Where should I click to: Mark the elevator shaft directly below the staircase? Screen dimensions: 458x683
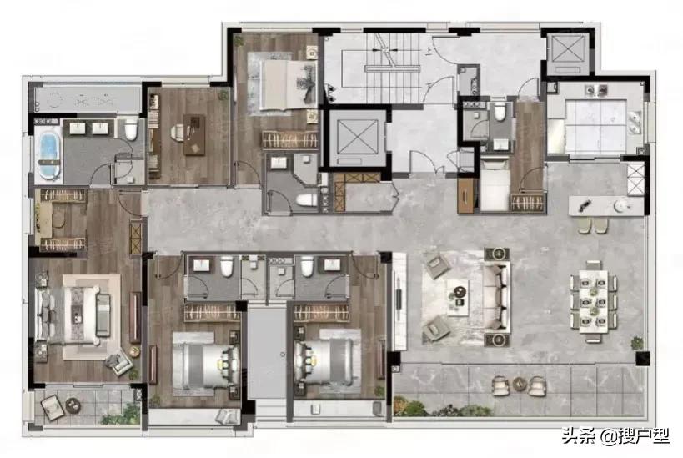354,138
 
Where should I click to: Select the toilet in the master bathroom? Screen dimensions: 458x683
130,130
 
